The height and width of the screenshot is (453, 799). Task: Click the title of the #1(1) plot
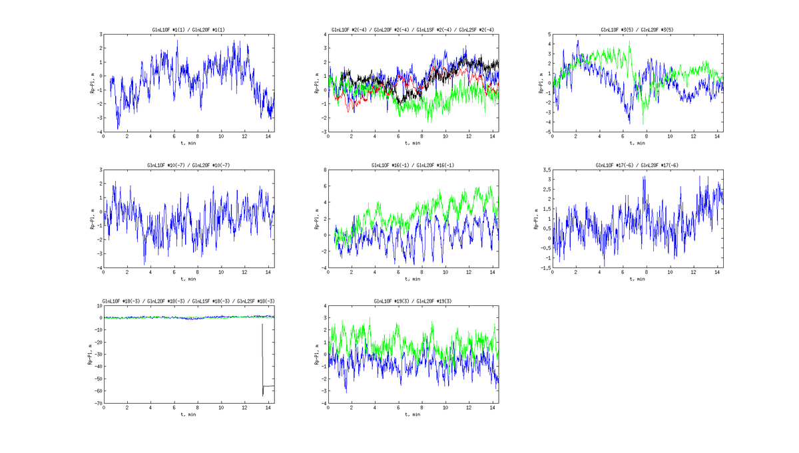[x=188, y=30]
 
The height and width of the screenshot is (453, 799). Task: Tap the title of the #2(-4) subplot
[x=413, y=30]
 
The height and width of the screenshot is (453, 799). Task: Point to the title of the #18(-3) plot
[x=188, y=301]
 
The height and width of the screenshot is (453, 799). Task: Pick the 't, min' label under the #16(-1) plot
[x=413, y=279]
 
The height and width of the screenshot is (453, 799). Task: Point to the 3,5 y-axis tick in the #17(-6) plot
[x=546, y=170]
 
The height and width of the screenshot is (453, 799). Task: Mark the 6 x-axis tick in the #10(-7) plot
[x=174, y=272]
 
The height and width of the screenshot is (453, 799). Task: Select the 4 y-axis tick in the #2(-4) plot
[x=324, y=35]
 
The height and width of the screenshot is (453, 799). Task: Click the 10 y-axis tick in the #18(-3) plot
[x=99, y=306]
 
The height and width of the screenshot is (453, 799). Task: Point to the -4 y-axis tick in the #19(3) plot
[x=323, y=403]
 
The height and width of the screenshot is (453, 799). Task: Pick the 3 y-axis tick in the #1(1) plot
[x=100, y=35]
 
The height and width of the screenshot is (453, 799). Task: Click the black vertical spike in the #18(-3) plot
[x=262, y=359]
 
